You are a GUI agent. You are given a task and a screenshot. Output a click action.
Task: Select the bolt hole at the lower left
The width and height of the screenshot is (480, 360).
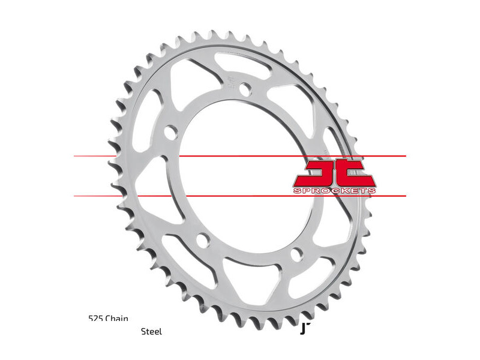(x=202, y=241)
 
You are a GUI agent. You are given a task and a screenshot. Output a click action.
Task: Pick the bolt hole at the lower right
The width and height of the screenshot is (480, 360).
(x=295, y=254)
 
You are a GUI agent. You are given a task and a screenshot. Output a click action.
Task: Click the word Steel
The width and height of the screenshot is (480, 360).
(x=151, y=331)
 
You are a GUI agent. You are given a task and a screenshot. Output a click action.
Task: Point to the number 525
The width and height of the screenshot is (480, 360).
(x=95, y=319)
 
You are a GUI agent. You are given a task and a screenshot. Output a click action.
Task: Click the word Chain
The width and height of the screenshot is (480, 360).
(x=116, y=319)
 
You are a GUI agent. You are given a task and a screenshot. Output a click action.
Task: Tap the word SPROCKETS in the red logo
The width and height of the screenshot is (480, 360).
(x=335, y=190)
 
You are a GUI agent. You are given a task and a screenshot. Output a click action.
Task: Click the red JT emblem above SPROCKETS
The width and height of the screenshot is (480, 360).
(x=334, y=172)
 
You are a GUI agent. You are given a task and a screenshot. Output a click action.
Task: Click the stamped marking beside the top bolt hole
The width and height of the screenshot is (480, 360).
(x=230, y=82)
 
